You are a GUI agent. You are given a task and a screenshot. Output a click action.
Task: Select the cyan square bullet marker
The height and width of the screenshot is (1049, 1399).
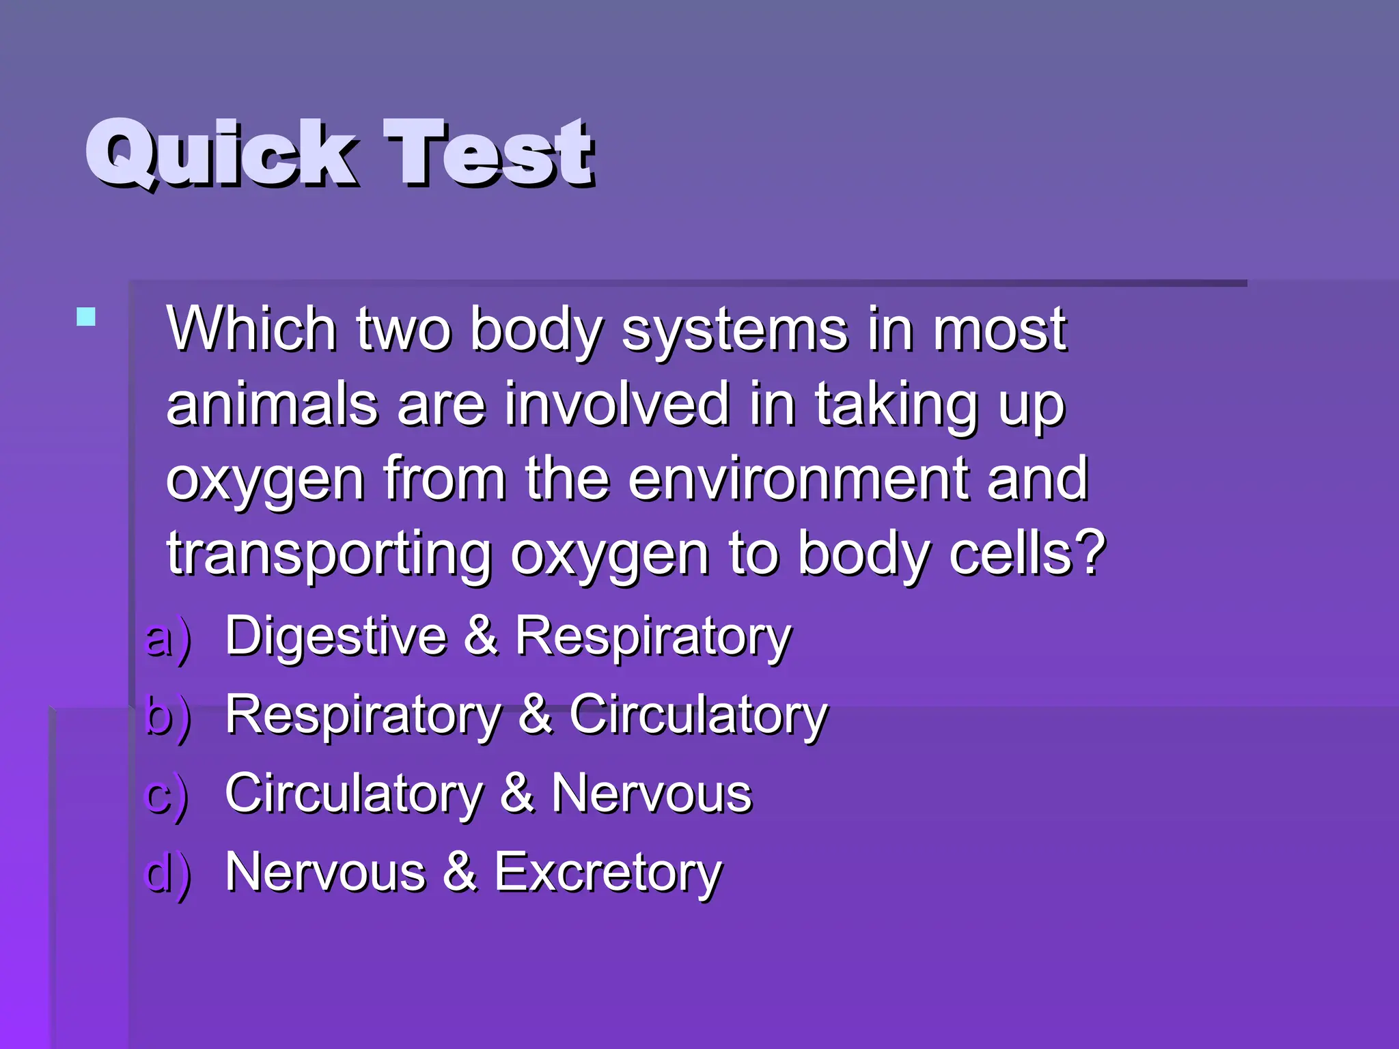[x=86, y=317]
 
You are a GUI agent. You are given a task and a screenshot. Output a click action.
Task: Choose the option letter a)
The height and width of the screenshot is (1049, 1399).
[x=167, y=639]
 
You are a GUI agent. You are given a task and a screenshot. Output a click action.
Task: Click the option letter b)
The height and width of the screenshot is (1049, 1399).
[x=167, y=717]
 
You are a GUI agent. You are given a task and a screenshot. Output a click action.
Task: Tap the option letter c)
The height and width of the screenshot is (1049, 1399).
[x=166, y=796]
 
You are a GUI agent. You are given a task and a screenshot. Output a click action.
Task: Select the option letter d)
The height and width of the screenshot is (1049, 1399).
[x=167, y=874]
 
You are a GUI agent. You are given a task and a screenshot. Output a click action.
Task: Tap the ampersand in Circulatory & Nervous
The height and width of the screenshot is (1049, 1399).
[x=517, y=794]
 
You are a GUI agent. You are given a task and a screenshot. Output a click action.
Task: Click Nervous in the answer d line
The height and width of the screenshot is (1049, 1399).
[x=325, y=873]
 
